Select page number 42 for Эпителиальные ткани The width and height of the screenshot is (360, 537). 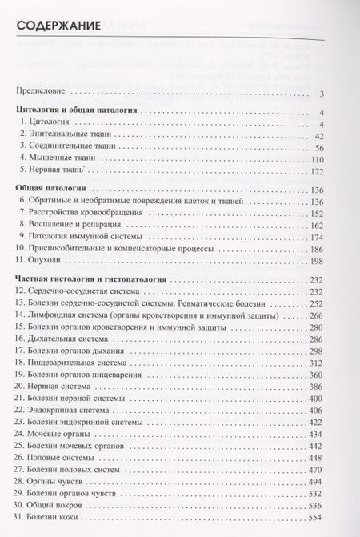click(x=339, y=135)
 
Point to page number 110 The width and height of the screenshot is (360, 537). click(x=337, y=163)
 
